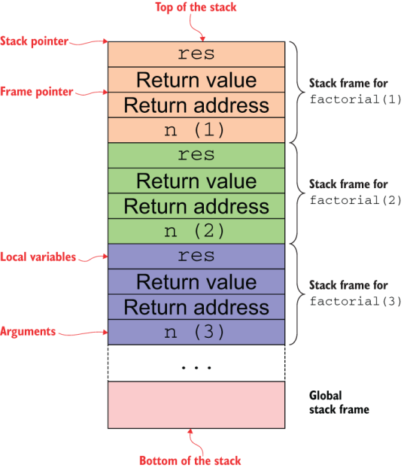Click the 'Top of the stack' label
click(196, 8)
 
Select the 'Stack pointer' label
click(34, 41)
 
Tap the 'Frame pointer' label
click(36, 92)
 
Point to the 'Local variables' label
click(38, 257)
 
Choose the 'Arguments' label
click(28, 332)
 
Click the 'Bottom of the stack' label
click(190, 460)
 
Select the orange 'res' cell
click(196, 54)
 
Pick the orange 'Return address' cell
click(196, 105)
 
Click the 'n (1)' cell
click(196, 130)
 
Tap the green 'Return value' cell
click(196, 181)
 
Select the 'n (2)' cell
click(196, 231)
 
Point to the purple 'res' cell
click(196, 257)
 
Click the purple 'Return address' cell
click(196, 307)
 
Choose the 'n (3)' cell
click(196, 333)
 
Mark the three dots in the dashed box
click(196, 367)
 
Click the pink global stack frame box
click(196, 405)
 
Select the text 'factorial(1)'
click(356, 99)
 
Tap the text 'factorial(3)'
click(356, 301)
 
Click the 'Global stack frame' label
click(339, 403)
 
